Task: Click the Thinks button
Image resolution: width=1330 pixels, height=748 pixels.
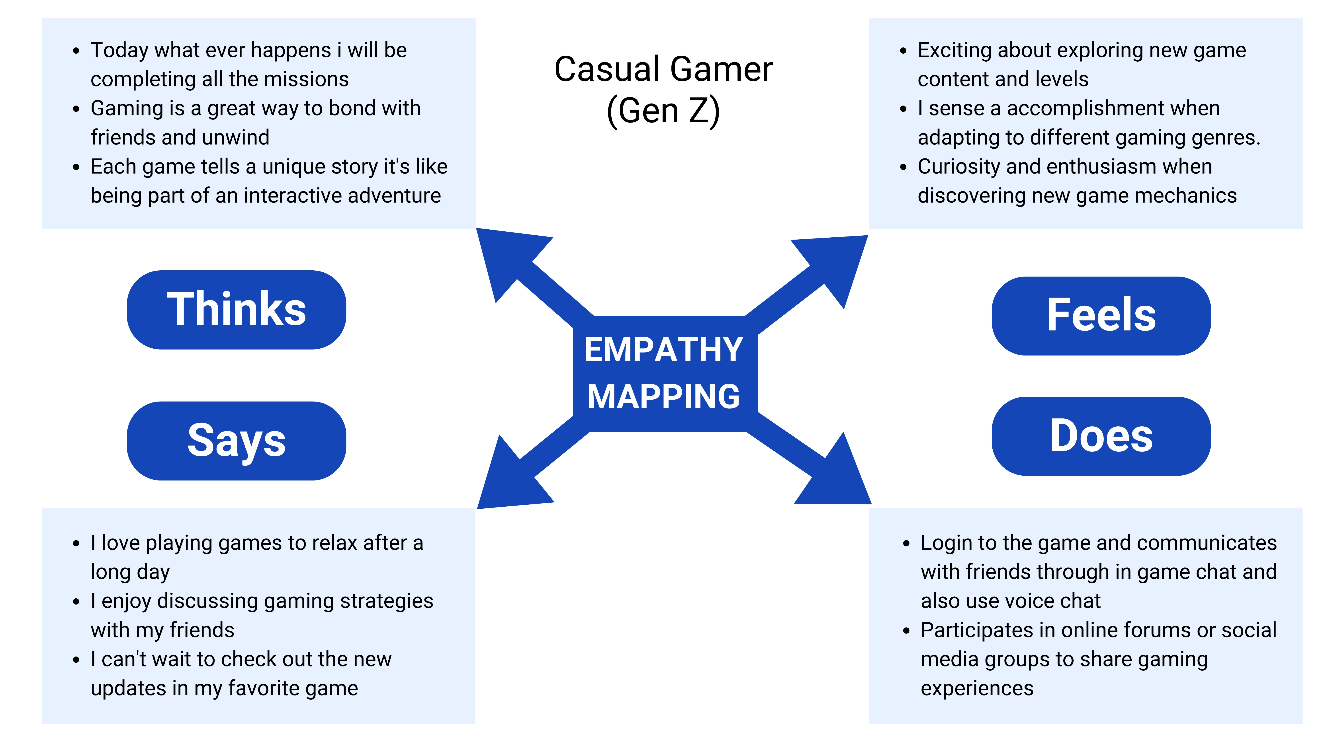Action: click(237, 310)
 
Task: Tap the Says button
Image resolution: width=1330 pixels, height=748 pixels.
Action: click(237, 441)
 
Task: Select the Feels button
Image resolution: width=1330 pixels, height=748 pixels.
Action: click(1101, 316)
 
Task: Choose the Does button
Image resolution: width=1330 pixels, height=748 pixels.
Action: click(1101, 436)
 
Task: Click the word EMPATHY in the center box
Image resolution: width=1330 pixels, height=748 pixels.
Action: click(664, 350)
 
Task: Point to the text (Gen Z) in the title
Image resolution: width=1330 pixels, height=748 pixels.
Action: click(664, 111)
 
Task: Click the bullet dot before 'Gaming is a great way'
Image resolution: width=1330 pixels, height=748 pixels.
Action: click(76, 109)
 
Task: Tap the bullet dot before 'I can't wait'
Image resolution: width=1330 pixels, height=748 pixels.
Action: click(76, 660)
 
